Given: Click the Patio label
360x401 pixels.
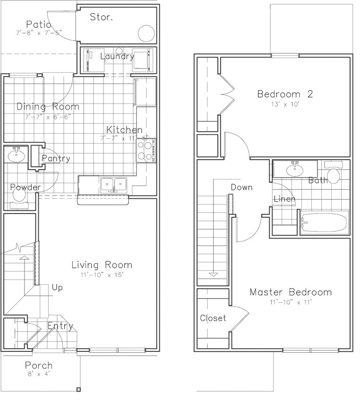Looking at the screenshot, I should click(39, 24).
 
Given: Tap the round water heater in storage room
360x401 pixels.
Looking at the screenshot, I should click(146, 33).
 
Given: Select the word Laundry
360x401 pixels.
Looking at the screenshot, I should click(118, 57).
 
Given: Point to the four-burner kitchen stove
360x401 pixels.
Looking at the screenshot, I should click(146, 151).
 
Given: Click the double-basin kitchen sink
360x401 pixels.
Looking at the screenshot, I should click(113, 184).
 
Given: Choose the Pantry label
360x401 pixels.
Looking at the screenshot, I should click(56, 159).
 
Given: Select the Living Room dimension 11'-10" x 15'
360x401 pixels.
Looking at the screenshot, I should click(102, 275).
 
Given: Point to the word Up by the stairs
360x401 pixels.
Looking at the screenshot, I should click(57, 287).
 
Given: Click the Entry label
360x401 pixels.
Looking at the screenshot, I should click(60, 326).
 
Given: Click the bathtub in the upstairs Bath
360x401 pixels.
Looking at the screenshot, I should click(324, 223).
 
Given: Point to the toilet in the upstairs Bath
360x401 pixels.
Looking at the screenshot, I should click(334, 174).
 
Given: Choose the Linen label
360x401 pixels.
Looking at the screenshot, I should click(284, 199).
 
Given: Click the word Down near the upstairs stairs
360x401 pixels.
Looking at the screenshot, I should click(241, 188).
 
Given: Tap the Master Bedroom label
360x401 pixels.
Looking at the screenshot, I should click(291, 292).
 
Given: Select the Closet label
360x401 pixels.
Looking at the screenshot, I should click(213, 318).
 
